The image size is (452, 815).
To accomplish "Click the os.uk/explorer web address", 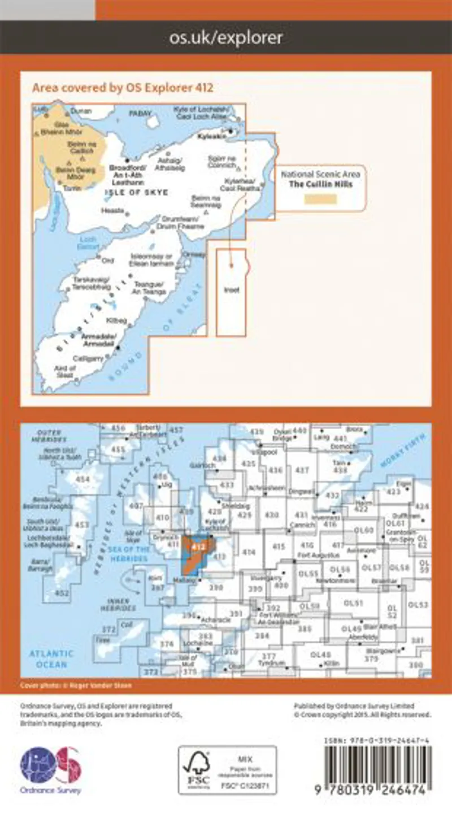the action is (226, 38).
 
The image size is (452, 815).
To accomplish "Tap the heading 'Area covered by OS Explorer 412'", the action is (123, 88).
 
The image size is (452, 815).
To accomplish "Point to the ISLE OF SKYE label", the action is (136, 193).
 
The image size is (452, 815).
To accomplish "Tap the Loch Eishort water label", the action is (88, 242).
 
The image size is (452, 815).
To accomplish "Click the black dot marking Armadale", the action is (118, 348).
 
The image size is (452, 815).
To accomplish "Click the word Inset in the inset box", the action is (232, 290).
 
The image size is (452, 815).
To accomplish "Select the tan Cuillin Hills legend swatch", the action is (320, 199).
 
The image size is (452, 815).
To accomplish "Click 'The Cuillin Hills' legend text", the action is (320, 184).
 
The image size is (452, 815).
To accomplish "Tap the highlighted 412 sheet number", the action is (198, 547).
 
